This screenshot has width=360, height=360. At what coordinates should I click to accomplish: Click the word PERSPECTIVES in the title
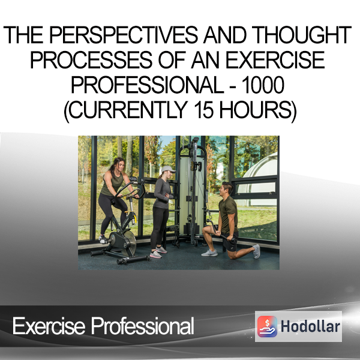point(124,35)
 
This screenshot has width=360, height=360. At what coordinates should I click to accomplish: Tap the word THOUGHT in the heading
point(303,35)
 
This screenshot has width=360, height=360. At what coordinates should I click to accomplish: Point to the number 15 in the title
point(203,110)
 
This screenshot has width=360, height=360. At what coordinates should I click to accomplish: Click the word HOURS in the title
point(256,110)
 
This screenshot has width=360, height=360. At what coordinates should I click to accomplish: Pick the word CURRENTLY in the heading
point(128,110)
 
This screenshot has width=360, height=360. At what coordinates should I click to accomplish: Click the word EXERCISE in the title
point(275,59)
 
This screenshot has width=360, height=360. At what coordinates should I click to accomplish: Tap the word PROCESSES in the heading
point(91,59)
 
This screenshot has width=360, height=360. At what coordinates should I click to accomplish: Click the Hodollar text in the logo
point(310,326)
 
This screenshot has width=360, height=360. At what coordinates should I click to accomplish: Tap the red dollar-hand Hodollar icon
point(267,326)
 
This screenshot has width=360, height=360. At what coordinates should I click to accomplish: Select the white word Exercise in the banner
point(49,326)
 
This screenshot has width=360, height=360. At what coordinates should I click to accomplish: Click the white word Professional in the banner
point(143,326)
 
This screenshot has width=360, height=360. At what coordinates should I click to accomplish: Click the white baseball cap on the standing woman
point(168,169)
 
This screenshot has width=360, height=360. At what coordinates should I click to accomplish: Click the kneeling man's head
point(227,189)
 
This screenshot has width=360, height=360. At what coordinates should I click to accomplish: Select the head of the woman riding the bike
point(118,164)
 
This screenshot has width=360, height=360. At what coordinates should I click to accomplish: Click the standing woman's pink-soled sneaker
point(155,254)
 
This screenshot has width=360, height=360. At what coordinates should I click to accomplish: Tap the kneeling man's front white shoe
point(209,253)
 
